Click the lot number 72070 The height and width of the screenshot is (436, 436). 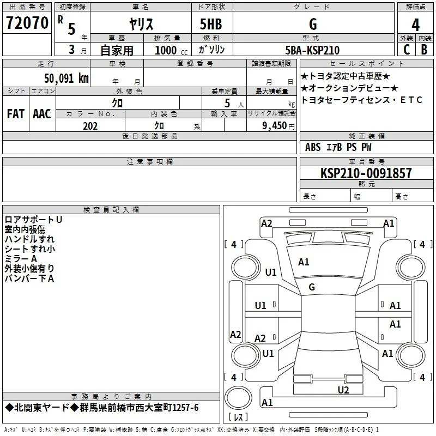tap(27, 23)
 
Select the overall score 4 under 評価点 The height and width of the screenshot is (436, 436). tap(415, 25)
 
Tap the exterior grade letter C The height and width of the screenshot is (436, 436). tap(407, 50)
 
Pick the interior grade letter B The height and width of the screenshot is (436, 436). tap(424, 50)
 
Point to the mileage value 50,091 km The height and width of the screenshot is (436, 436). tap(66, 78)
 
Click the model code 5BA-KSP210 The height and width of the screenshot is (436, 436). tap(312, 50)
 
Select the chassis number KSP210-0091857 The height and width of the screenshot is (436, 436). tap(366, 173)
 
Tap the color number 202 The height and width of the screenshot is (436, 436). tap(90, 126)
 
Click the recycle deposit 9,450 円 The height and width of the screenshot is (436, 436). tap(278, 126)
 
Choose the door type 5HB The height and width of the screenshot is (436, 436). tap(211, 24)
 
